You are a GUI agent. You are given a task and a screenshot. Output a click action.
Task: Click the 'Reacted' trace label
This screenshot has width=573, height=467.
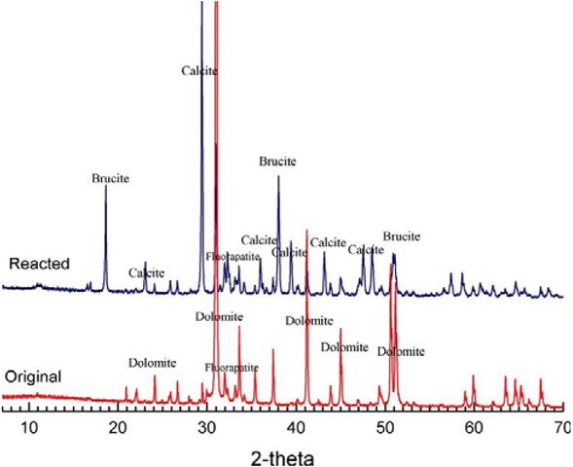pyautogui.click(x=36, y=264)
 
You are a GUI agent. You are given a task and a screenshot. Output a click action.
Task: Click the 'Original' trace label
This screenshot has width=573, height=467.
pyautogui.click(x=34, y=376)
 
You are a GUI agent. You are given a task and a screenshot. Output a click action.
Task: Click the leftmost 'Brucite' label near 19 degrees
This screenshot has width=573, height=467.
pyautogui.click(x=110, y=179)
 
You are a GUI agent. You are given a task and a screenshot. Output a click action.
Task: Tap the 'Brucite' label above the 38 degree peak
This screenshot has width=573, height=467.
pyautogui.click(x=277, y=162)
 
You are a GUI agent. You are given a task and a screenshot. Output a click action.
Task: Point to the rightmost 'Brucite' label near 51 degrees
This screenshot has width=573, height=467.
pyautogui.click(x=402, y=236)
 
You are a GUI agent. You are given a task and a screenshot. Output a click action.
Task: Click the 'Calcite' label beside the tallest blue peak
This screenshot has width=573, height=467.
pyautogui.click(x=199, y=71)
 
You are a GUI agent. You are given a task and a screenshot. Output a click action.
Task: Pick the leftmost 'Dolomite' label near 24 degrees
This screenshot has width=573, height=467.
pyautogui.click(x=153, y=363)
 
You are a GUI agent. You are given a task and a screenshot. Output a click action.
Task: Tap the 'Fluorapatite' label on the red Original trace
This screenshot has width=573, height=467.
pyautogui.click(x=233, y=369)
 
